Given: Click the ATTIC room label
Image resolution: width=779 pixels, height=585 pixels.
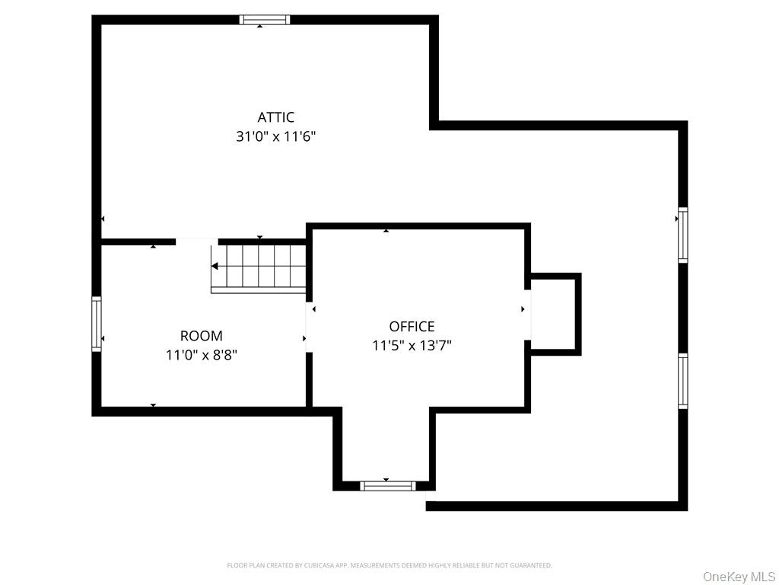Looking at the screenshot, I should coord(275,117).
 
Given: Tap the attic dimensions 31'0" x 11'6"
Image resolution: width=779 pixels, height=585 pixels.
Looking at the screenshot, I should coord(275,137).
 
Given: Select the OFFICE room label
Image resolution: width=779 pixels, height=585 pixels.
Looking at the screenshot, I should coord(412,327).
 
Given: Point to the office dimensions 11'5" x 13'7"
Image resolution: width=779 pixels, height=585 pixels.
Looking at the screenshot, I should coord(412,346).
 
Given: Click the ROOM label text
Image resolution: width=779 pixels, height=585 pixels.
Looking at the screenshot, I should coord(202,336).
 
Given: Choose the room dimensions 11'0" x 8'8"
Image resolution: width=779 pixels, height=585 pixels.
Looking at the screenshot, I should coord(202,355).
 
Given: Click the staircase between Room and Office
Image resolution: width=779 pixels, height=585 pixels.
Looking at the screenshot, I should coord(259,267).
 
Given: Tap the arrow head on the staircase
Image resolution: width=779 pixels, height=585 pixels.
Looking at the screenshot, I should coord(215,267).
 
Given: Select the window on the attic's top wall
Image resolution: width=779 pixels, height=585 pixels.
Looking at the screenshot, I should coord(265,20).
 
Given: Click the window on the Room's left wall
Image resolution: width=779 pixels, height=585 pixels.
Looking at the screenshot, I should coord(97,324).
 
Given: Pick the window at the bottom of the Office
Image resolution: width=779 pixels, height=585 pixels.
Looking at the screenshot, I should coord(387,485).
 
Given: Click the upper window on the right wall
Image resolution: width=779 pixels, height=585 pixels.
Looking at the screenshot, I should coord(682,236).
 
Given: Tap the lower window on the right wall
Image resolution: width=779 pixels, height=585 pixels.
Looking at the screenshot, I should coord(682,381).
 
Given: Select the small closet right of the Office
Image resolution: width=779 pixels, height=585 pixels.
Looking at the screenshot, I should coord(555,314).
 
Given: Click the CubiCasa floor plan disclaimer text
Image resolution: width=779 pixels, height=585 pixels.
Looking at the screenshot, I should coord(389,565).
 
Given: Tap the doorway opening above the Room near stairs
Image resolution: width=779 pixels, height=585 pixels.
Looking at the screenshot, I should coord(197,241).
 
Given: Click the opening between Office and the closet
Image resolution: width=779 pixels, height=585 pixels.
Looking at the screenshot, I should coord(527,314).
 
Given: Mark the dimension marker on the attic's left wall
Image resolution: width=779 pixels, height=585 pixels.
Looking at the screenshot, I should coord(102,219).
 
